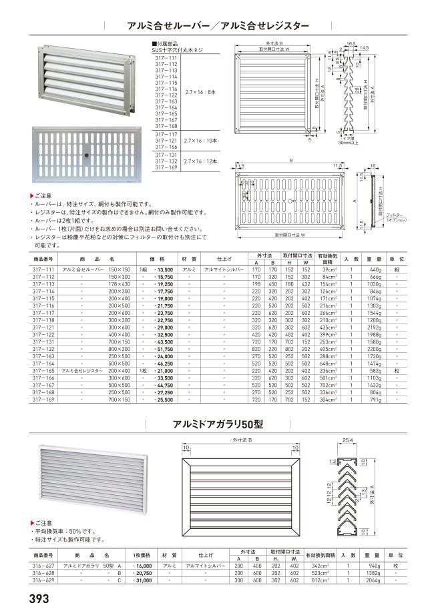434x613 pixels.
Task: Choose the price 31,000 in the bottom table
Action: point(145,580)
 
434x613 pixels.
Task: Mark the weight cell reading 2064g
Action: point(373,580)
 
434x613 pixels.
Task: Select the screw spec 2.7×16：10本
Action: point(200,141)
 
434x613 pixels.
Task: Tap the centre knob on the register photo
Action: point(87,155)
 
